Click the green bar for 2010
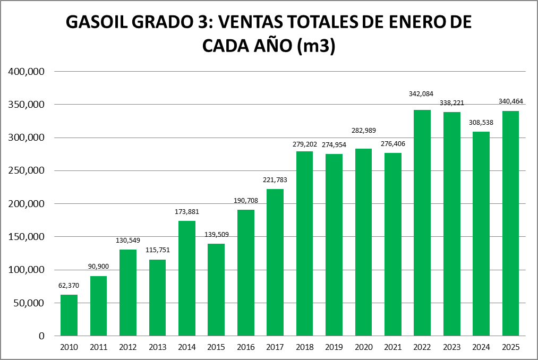coord(69,315)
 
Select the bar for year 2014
coord(187,278)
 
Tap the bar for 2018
coord(305,244)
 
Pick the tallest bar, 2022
coord(422,223)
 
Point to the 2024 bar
coord(481,234)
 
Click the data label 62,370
coord(69,286)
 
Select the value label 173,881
coord(187,212)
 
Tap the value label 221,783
coord(275,180)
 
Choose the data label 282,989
coord(363,131)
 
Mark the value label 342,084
coord(422,94)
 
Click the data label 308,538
coord(481,123)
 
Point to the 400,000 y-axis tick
coord(26,72)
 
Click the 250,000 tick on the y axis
coord(26,171)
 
